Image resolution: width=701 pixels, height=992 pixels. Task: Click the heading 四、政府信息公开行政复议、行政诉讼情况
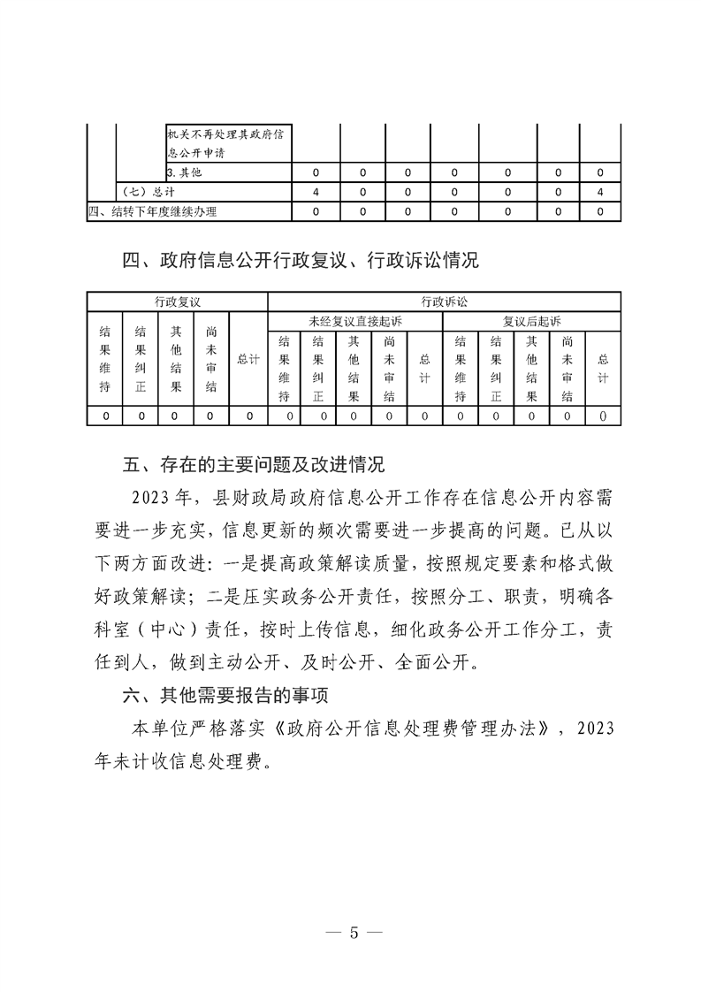tap(301, 260)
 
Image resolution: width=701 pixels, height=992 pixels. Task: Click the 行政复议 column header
tap(177, 301)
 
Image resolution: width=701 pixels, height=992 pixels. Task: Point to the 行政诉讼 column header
tap(443, 301)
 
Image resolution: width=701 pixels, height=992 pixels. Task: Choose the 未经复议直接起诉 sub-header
tap(354, 320)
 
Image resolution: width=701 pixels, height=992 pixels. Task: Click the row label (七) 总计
tap(145, 192)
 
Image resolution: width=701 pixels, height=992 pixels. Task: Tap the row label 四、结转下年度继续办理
tap(153, 211)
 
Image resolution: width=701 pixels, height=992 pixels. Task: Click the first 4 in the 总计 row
tap(316, 192)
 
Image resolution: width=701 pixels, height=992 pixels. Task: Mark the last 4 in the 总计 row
tap(600, 192)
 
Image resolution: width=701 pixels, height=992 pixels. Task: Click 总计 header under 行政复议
tap(248, 359)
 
